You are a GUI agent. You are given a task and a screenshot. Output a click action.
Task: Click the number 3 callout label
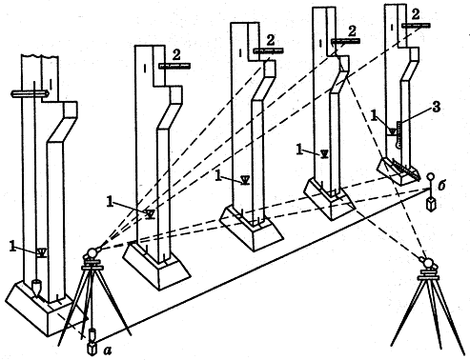click(437, 107)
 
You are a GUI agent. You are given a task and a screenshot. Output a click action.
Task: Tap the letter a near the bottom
click(108, 350)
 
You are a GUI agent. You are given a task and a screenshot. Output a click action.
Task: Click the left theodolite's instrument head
click(92, 253)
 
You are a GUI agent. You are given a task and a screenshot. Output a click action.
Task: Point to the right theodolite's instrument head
click(427, 263)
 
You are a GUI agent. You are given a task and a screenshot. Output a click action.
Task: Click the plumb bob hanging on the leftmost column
click(36, 288)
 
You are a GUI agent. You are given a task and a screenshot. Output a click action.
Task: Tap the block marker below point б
click(431, 204)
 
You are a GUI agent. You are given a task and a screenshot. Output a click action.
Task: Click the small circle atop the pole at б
click(431, 176)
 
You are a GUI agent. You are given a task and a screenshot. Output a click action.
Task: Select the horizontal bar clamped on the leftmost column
click(30, 93)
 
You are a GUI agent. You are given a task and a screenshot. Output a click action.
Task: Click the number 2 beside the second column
click(176, 55)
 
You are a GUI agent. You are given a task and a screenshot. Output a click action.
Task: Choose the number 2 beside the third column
click(271, 40)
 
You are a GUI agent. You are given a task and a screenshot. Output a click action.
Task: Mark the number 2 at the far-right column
click(415, 14)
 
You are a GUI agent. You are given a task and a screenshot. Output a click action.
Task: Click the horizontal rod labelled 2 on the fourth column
click(345, 41)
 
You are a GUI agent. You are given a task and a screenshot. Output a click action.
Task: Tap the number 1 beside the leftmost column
click(12, 246)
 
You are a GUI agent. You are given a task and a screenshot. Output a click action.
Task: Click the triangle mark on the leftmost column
click(42, 252)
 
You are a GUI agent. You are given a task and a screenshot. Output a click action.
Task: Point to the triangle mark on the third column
click(245, 180)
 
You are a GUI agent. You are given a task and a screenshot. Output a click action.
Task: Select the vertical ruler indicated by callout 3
click(398, 134)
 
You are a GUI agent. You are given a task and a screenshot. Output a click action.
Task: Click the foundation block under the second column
click(156, 266)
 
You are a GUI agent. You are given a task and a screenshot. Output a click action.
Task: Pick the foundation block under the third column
click(252, 229)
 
